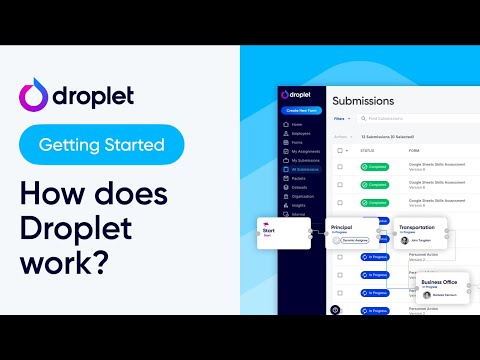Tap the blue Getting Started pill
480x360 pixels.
(101, 145)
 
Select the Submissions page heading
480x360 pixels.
(363, 101)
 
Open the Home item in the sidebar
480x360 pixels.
(297, 124)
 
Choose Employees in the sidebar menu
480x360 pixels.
(301, 133)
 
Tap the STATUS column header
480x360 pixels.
(368, 151)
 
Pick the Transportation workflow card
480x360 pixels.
(421, 233)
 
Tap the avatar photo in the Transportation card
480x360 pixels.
(400, 240)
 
